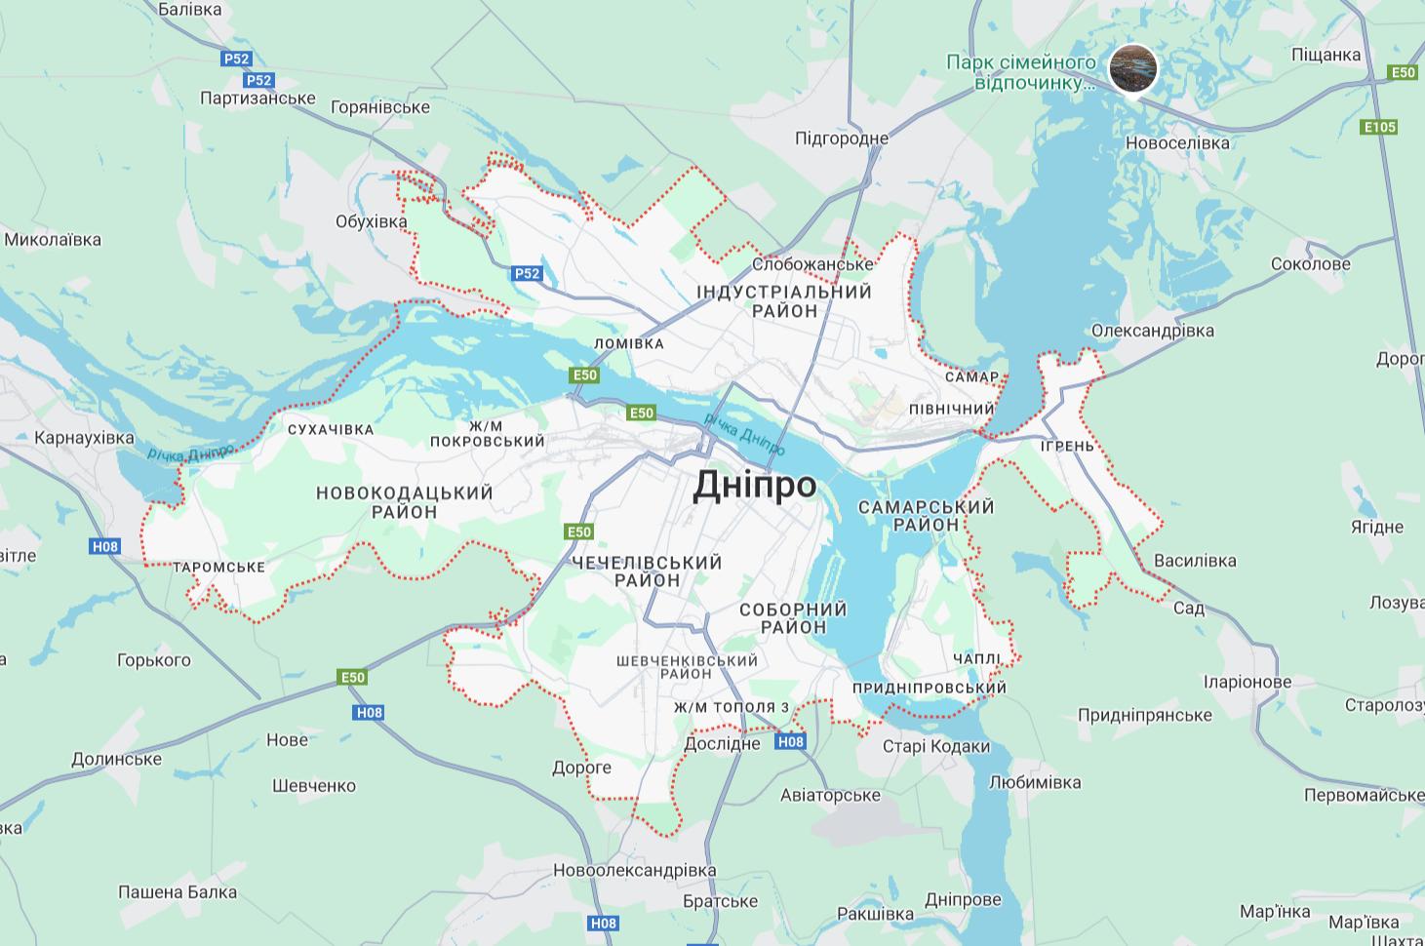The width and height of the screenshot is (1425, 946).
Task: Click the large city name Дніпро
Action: point(754,485)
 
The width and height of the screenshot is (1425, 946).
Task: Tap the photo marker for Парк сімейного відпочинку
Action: point(1133,68)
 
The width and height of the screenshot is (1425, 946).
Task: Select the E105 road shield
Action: point(1379,127)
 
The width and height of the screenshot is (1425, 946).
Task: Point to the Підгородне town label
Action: point(841,138)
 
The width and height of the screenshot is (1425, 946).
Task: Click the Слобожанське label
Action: point(812,264)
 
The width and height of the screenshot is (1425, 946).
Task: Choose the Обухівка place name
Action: point(371,221)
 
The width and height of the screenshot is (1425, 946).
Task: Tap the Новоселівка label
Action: point(1177,142)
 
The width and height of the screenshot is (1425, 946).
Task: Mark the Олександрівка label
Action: point(1152,331)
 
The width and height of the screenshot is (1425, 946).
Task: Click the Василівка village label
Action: point(1195,561)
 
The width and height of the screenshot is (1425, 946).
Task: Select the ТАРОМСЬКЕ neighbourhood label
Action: point(219,567)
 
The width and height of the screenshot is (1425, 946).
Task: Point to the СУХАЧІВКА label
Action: point(331,429)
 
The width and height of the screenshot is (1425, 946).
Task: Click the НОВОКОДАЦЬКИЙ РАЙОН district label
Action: point(404,502)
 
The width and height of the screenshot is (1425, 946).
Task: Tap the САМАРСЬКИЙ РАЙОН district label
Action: point(926,515)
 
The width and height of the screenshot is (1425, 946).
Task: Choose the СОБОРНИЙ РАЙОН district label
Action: point(793,618)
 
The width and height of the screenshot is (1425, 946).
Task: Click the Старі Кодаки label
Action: point(935,747)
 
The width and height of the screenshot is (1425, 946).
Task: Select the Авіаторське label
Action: point(830,795)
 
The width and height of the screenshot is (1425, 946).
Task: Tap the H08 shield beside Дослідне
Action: point(790,742)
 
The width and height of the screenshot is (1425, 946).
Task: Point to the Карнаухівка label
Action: point(84,438)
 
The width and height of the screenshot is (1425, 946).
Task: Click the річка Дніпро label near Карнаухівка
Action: point(191,453)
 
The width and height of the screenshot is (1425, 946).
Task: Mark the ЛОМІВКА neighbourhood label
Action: point(628,343)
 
